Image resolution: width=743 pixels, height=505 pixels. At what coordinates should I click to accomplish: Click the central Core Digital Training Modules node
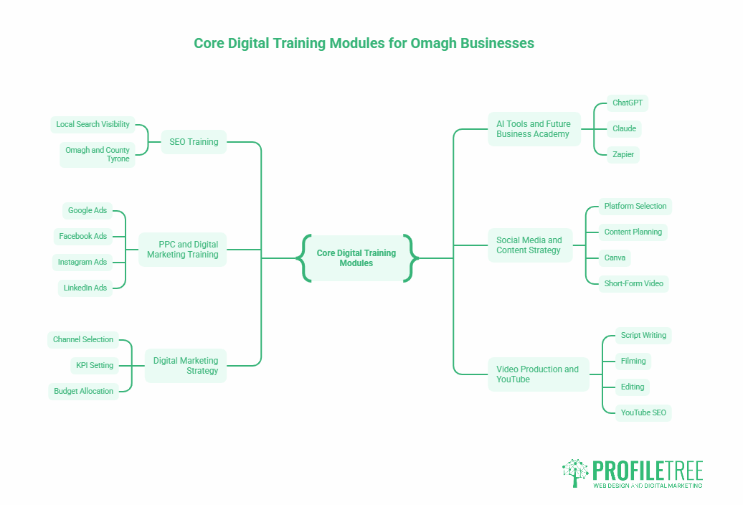click(x=356, y=258)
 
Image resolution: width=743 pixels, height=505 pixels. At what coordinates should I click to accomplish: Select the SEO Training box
click(x=194, y=142)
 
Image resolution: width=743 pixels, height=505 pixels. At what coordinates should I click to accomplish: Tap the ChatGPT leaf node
click(x=628, y=103)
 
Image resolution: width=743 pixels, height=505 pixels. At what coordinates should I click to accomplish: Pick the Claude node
click(x=625, y=129)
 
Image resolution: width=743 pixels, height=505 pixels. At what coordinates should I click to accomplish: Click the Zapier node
click(x=623, y=155)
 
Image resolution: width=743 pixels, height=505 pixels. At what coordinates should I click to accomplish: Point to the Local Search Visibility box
click(x=93, y=125)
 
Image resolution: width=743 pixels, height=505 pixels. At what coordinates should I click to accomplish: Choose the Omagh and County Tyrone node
click(x=98, y=155)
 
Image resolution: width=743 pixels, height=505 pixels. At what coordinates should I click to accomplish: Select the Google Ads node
click(x=87, y=211)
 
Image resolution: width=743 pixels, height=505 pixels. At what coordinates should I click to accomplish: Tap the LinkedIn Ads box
click(x=85, y=288)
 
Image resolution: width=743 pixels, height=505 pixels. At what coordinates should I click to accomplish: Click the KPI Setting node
click(x=95, y=366)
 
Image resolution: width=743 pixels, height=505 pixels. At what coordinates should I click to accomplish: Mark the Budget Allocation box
click(x=83, y=392)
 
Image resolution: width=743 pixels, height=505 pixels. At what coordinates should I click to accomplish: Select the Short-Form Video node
click(x=634, y=284)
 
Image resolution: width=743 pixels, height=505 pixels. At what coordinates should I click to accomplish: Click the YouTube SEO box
click(x=643, y=413)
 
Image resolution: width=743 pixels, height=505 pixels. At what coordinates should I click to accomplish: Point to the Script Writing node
click(x=643, y=336)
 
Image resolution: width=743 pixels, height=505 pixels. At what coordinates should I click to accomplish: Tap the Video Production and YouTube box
click(x=538, y=374)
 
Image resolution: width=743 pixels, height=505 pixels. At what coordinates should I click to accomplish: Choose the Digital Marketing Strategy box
click(x=186, y=366)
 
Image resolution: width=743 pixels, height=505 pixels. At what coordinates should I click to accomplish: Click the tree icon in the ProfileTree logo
click(x=575, y=473)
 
